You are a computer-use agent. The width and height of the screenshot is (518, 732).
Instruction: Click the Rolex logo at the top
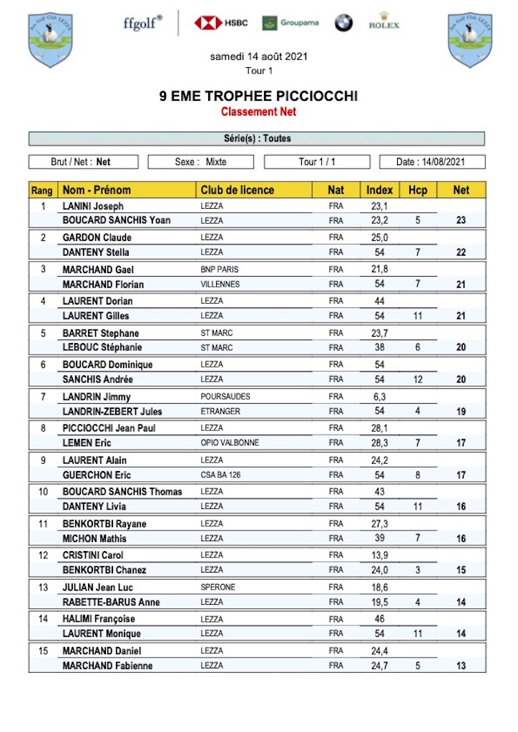383,21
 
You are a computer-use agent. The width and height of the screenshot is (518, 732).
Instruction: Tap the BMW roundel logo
343,23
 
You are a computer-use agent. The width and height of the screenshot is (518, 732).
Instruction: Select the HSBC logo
220,23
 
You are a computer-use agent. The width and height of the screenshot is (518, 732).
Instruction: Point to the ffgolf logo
142,22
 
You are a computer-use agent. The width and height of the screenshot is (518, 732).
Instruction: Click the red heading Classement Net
258,112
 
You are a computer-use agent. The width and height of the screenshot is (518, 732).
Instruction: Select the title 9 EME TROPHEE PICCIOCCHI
258,97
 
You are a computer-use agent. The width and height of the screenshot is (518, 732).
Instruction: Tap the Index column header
379,190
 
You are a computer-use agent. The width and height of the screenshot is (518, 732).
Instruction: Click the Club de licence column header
238,190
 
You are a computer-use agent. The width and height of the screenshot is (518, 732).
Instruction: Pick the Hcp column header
417,190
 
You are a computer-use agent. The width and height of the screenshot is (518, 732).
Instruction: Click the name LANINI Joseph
93,206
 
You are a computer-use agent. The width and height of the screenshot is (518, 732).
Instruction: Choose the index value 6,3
379,397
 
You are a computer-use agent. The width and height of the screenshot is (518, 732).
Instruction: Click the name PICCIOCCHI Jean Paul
109,428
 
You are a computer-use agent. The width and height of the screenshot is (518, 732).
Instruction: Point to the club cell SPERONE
218,587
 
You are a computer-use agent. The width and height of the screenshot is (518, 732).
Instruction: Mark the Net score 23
461,220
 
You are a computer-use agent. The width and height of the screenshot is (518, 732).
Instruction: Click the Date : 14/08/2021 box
431,162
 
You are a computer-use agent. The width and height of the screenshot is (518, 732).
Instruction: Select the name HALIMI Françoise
99,619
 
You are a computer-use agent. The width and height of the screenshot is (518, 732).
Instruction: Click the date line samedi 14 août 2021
258,56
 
